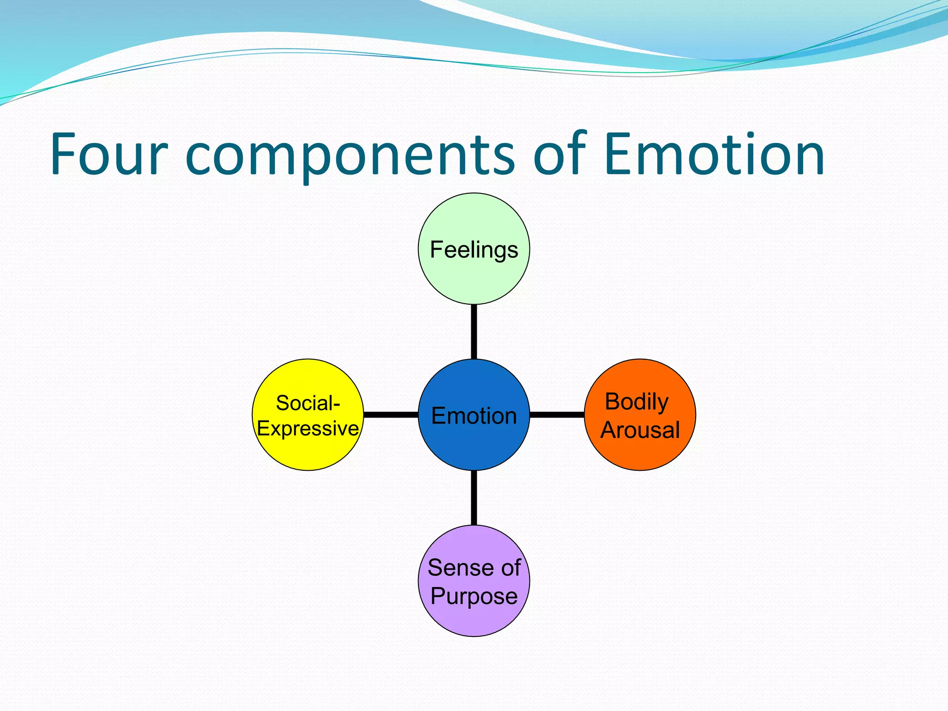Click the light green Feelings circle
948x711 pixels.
(x=474, y=278)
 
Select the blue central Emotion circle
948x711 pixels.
(x=474, y=444)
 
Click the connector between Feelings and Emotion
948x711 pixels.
(x=474, y=331)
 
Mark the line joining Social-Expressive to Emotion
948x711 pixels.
(x=391, y=414)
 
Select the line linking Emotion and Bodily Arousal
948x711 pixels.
(x=557, y=414)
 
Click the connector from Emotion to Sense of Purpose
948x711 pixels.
(x=474, y=498)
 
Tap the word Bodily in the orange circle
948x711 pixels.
(x=636, y=401)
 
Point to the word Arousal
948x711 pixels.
(x=640, y=430)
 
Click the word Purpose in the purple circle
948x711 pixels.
(x=474, y=596)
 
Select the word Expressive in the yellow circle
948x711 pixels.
(x=308, y=429)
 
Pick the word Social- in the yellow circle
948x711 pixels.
(x=308, y=403)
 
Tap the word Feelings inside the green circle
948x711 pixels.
(x=474, y=250)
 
